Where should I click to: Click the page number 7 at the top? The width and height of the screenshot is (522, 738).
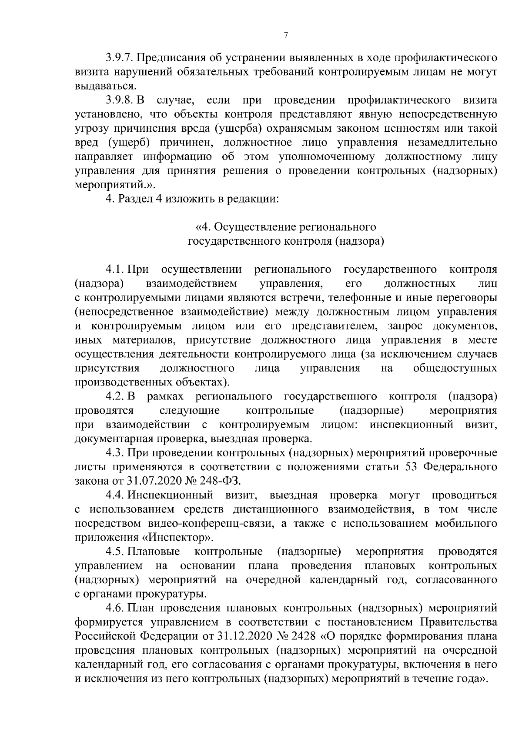286,35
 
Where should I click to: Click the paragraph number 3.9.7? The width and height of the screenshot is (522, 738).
119,58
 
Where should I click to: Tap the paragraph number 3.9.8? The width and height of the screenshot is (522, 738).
119,100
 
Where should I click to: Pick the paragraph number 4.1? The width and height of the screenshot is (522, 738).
115,270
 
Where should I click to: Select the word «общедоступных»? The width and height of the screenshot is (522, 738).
455,369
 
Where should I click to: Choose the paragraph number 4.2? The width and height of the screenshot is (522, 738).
116,397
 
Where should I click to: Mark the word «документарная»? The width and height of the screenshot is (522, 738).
109,439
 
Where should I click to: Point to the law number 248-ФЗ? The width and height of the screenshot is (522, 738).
224,482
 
